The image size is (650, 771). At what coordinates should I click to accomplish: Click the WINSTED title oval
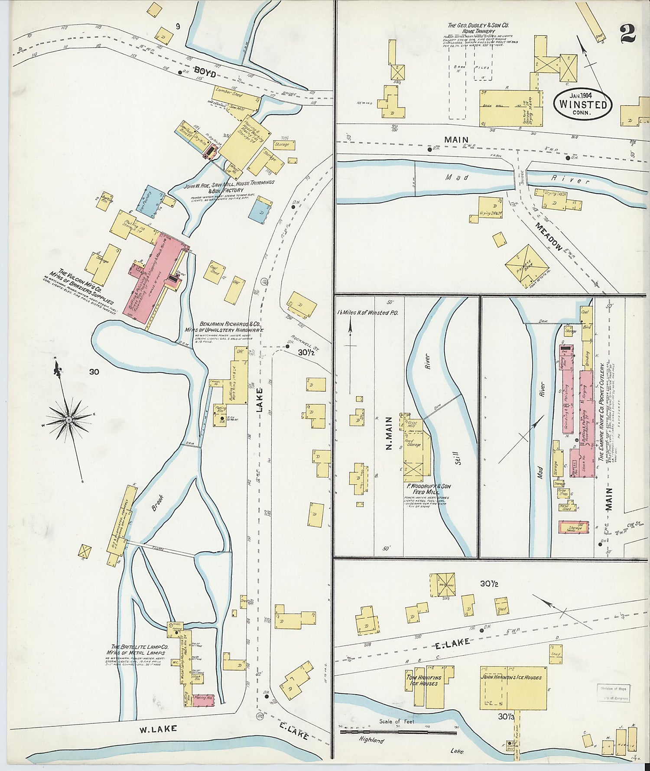tap(582, 104)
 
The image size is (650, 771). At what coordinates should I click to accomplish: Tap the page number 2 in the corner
tap(627, 33)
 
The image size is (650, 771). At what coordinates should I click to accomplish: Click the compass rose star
tap(68, 420)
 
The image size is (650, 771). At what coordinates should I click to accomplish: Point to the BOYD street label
tap(205, 72)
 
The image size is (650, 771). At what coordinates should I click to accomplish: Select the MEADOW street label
tap(548, 237)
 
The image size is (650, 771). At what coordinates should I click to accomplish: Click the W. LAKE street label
tap(158, 729)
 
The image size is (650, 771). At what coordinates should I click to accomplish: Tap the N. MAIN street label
tap(389, 433)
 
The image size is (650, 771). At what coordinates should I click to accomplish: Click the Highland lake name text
tap(371, 740)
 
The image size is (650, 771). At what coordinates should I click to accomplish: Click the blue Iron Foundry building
tap(149, 202)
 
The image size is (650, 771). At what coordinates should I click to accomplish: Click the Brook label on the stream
tap(159, 503)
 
